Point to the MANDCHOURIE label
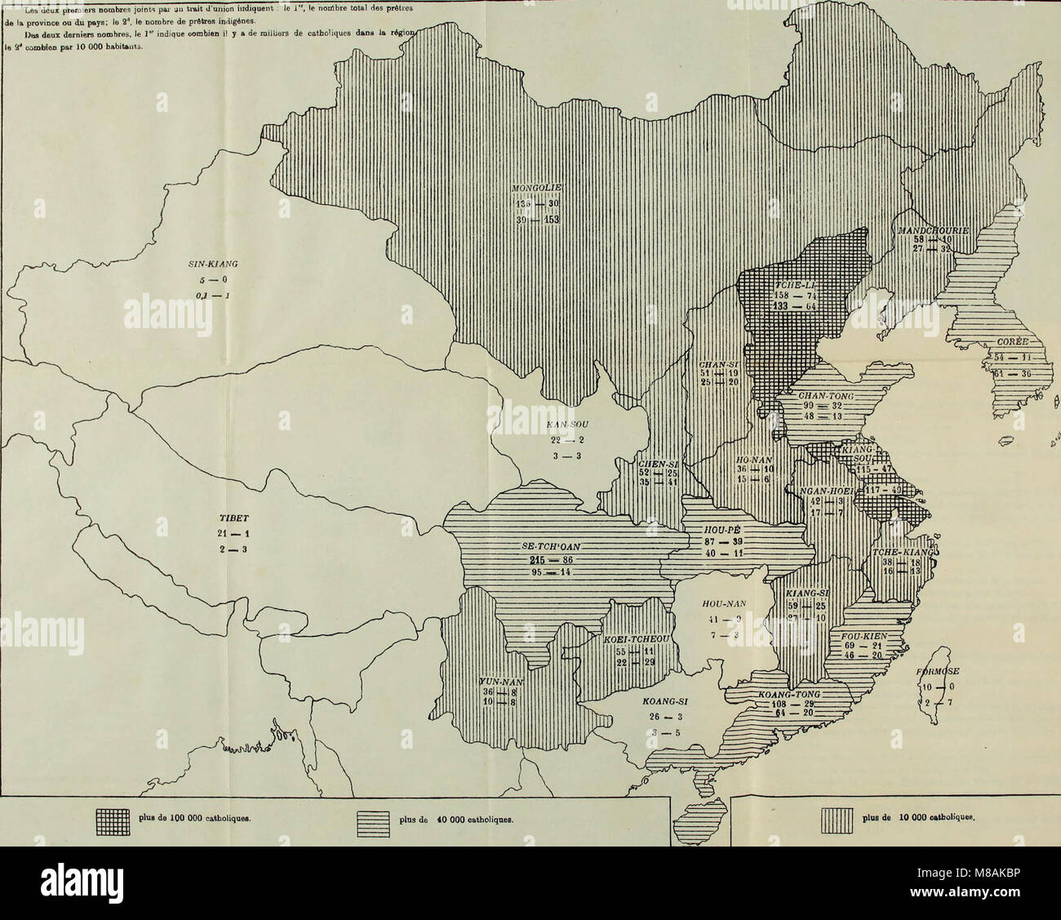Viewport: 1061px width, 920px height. [932, 231]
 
